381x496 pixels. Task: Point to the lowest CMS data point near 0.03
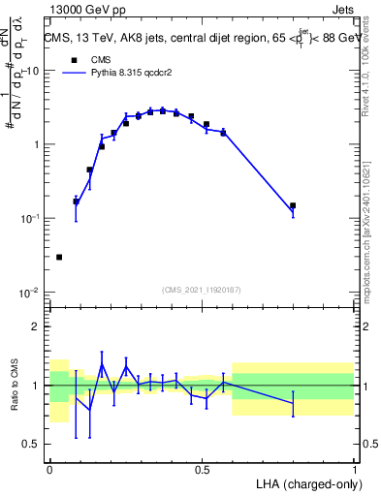[x=59, y=257]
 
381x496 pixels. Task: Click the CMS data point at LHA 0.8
[x=293, y=205]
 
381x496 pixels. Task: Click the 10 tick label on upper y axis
[x=32, y=71]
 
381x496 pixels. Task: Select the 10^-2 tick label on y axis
[x=30, y=293]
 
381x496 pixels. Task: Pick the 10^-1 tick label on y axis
[x=30, y=219]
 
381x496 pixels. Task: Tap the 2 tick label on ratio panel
[x=37, y=327]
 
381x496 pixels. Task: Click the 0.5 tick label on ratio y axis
[x=32, y=445]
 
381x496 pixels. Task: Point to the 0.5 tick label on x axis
[x=202, y=469]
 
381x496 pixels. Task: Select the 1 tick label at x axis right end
[x=354, y=469]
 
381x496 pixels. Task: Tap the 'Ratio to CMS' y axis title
[x=15, y=398]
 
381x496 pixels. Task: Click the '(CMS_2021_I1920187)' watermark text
[x=201, y=288]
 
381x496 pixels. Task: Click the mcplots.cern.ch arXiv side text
[x=372, y=223]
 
